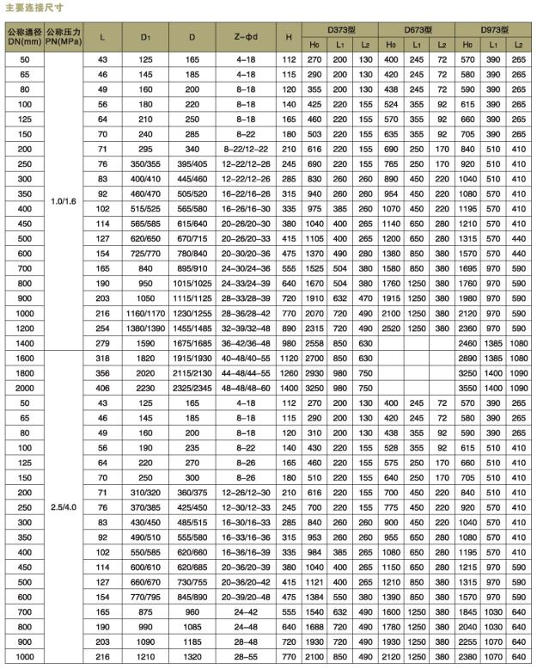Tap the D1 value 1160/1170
(146, 314)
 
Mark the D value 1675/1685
(192, 342)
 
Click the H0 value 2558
(315, 342)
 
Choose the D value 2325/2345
(192, 385)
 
